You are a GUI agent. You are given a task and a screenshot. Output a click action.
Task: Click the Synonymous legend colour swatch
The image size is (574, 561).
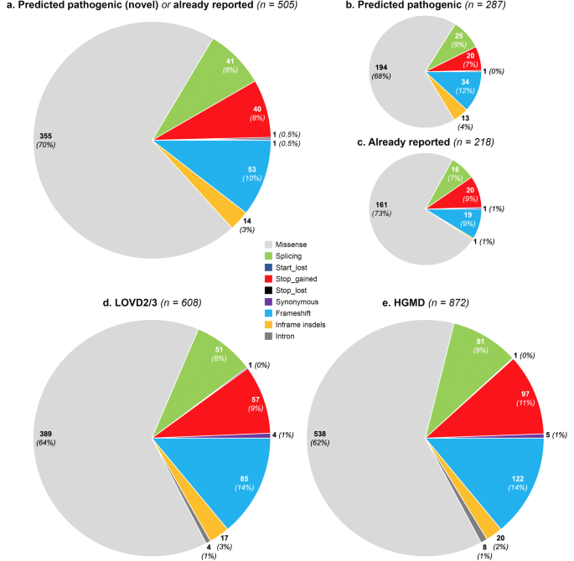268,301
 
